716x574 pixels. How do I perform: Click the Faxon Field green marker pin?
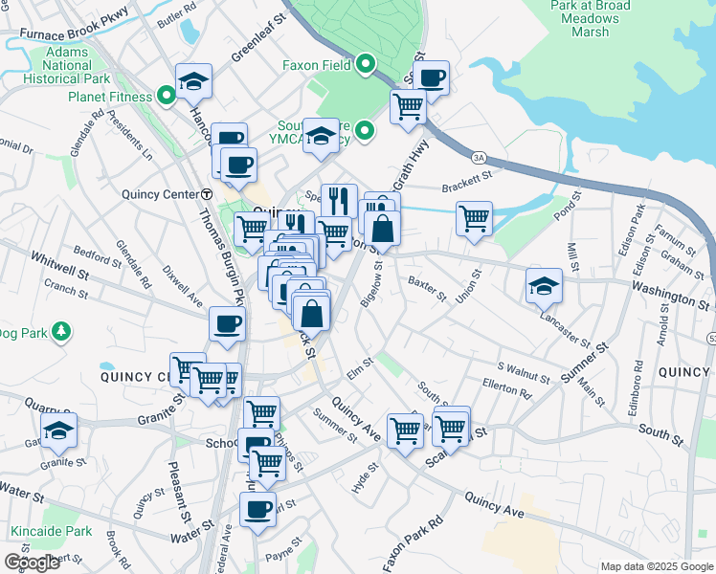click(x=365, y=66)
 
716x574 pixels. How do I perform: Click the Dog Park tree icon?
click(x=61, y=331)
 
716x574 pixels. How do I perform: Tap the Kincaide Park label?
click(x=51, y=531)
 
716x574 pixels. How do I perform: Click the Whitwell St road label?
click(x=58, y=258)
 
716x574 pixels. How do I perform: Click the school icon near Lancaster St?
click(x=544, y=285)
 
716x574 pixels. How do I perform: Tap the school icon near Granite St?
click(x=58, y=430)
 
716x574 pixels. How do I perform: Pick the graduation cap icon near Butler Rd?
click(x=193, y=80)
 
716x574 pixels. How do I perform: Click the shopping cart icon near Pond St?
click(x=474, y=218)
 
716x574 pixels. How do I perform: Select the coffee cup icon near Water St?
click(x=257, y=508)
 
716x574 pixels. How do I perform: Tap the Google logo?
click(x=32, y=563)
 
